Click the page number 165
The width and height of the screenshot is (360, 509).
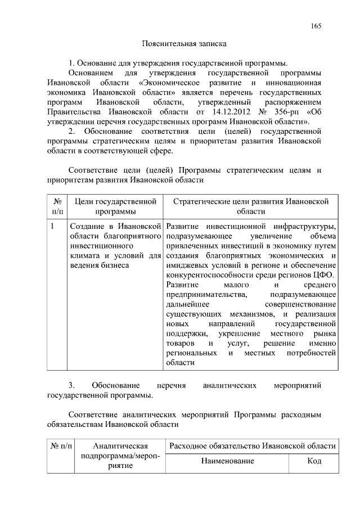click(316, 26)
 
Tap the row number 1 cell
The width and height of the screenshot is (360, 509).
click(52, 227)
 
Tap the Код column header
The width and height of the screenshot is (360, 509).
click(314, 461)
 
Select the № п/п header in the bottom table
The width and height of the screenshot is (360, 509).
click(62, 446)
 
